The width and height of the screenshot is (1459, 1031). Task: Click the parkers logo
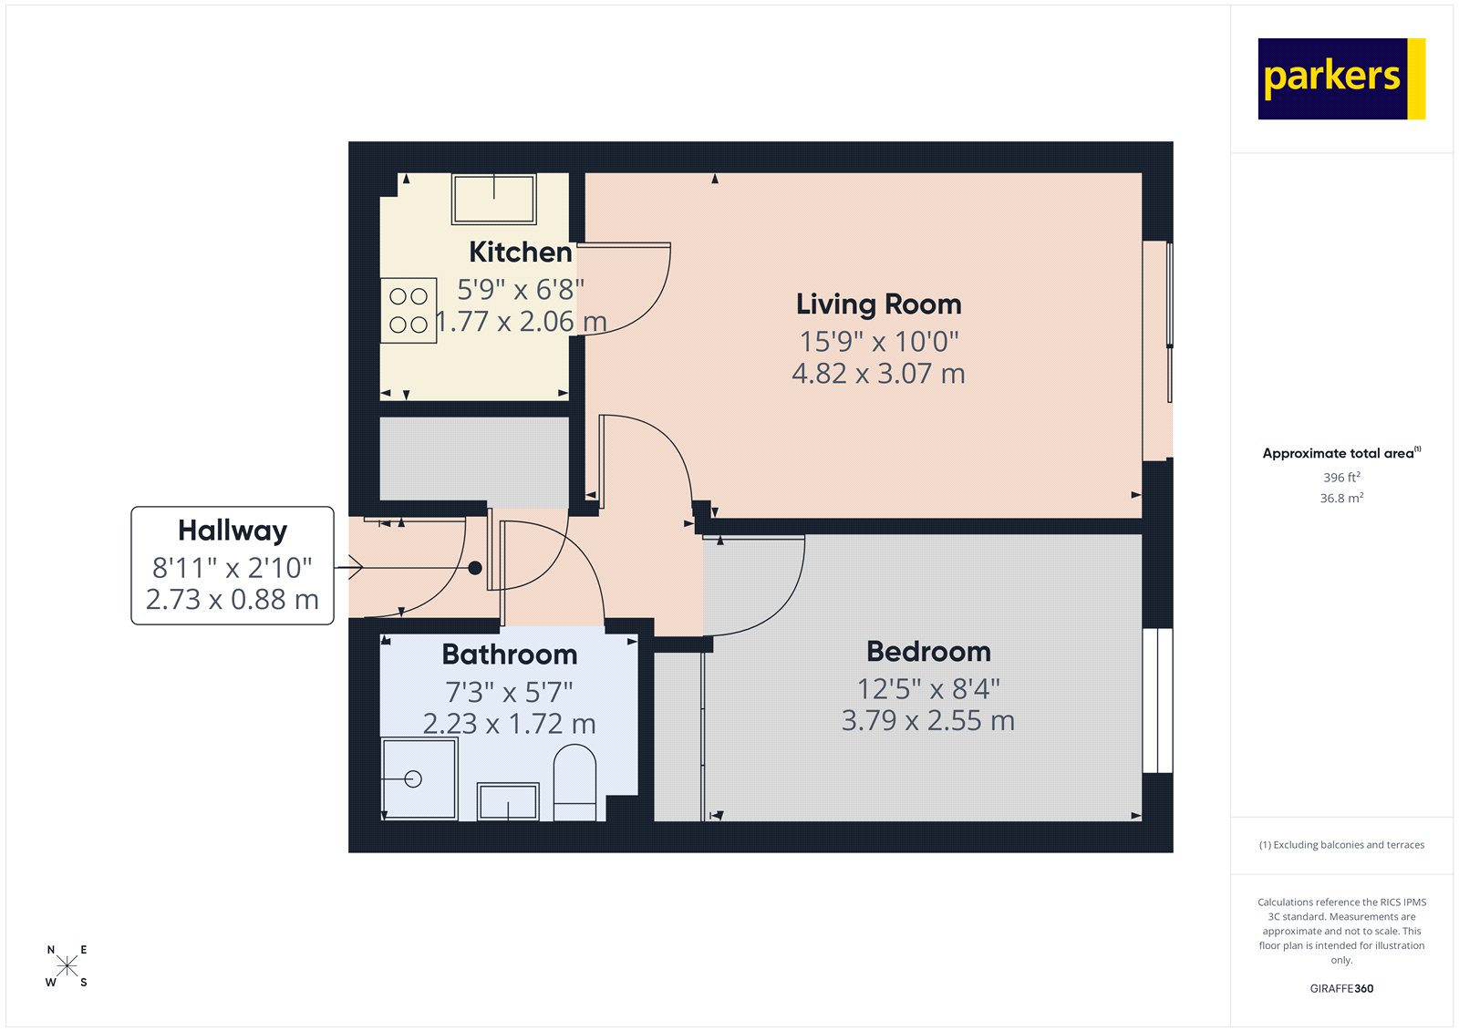[x=1340, y=78]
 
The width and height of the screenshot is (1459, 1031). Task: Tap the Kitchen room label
[x=521, y=252]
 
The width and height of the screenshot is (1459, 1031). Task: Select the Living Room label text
[x=878, y=304]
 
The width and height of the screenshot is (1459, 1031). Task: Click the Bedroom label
[x=928, y=651]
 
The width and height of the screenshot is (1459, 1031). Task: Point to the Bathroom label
[x=510, y=654]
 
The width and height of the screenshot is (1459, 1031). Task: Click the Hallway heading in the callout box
[x=233, y=530]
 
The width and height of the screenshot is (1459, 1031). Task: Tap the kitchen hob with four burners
[x=408, y=310]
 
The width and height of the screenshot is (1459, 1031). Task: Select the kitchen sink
[x=493, y=199]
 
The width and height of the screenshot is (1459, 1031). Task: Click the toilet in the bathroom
[x=574, y=782]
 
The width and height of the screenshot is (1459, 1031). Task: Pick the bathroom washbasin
[x=508, y=802]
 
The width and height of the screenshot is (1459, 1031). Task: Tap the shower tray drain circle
[x=413, y=779]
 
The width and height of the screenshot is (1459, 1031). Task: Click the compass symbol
[x=67, y=966]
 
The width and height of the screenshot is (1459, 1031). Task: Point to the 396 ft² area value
[x=1341, y=477]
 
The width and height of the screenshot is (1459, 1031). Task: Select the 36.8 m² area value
[x=1341, y=498]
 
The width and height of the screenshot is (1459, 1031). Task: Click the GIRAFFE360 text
[x=1341, y=988]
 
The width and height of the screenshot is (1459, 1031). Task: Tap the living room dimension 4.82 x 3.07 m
[x=878, y=373]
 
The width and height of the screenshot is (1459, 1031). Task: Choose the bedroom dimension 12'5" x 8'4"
[x=928, y=688]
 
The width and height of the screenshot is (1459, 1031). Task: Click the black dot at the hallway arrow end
[x=475, y=568]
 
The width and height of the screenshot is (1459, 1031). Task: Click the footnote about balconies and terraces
[x=1341, y=845]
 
